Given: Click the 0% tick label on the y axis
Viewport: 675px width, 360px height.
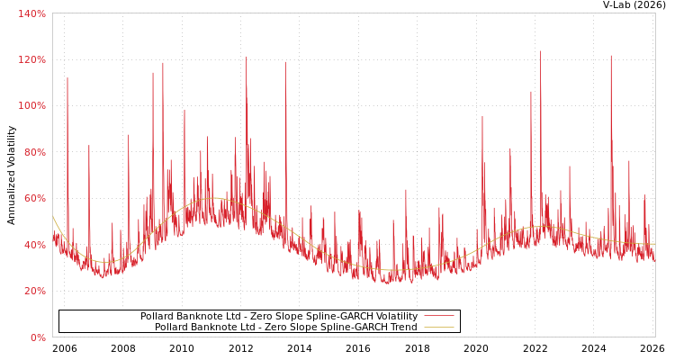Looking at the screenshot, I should coord(38,337).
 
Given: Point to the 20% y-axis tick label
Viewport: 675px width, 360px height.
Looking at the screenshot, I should coord(34,291).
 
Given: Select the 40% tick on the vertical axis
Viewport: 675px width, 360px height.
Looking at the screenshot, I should coord(34,245).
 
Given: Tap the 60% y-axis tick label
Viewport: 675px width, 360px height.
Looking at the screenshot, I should coord(34,198).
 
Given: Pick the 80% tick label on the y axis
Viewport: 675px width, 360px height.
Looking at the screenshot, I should coord(34,152).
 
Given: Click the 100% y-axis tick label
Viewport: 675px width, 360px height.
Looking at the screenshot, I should coord(31,105).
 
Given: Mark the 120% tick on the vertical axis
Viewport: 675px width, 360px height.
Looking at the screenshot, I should coord(31,59).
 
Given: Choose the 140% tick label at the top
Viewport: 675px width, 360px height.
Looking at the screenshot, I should coord(31,13).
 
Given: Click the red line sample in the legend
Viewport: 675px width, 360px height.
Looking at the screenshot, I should coord(438,316).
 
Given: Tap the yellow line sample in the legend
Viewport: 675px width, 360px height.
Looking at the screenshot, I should coord(438,327).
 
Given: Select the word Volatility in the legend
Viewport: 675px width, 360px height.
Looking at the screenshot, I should coord(392,316).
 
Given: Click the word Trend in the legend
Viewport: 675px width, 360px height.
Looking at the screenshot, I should coord(401,327).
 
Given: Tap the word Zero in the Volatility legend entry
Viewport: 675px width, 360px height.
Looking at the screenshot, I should coord(258,316).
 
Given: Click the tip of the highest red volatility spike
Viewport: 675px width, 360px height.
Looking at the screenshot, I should coord(540,50).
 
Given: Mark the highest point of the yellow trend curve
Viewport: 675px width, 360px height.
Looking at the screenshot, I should coord(213,198).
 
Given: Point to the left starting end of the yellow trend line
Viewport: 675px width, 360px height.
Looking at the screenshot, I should coord(53,217).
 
